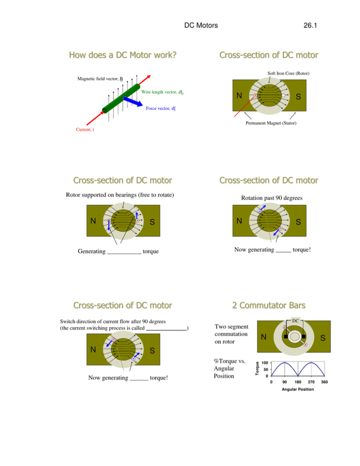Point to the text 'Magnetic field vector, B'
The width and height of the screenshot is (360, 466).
99,79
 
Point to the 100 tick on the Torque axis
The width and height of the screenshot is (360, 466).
265,363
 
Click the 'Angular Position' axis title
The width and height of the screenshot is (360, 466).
290,390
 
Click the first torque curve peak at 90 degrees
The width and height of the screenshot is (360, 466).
285,362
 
